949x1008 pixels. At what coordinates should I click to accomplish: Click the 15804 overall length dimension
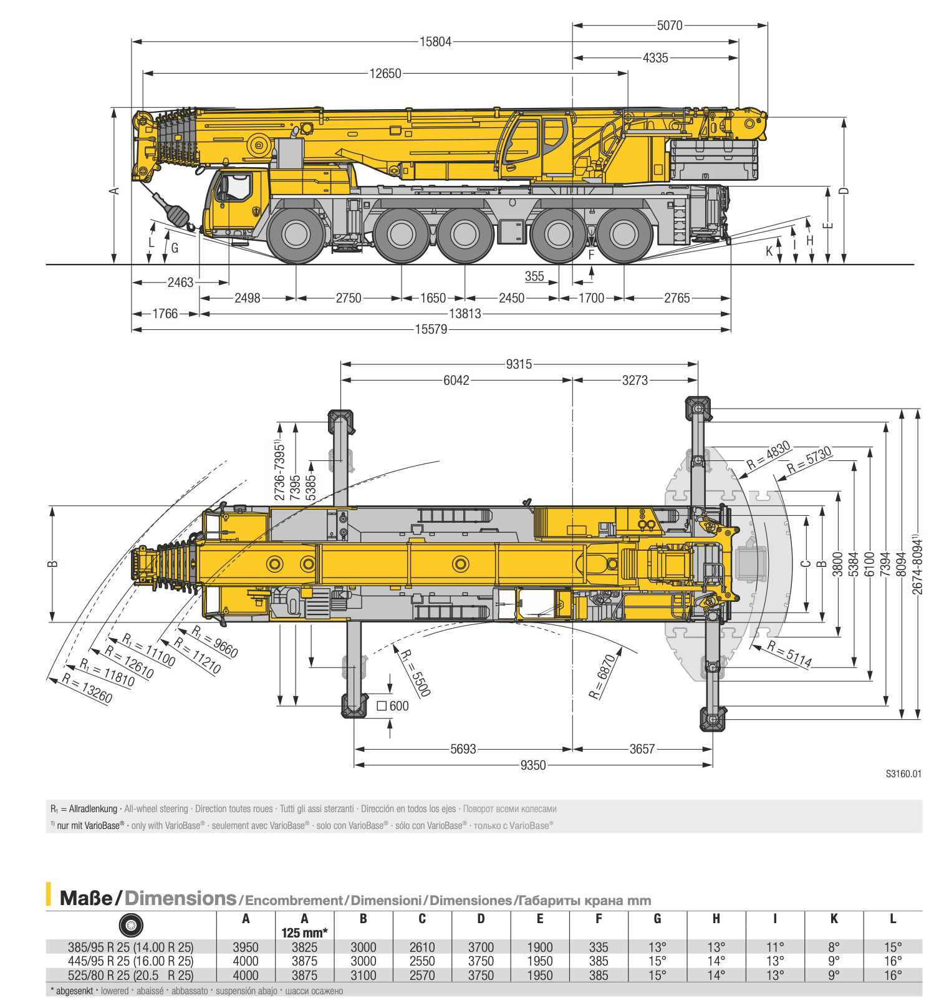coord(435,42)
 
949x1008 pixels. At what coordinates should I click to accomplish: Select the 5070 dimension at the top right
coord(670,26)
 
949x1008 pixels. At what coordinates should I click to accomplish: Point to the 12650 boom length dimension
coord(385,74)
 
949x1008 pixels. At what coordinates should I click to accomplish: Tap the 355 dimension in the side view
coord(534,276)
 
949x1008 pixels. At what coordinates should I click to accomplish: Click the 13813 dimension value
coord(465,314)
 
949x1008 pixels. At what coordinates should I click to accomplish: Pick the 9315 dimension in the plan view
coord(519,364)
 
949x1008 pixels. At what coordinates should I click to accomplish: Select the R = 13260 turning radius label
coord(87,688)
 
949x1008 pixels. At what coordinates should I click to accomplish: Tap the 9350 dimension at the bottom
coord(533,765)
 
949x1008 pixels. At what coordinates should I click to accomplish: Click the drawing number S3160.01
coord(903,774)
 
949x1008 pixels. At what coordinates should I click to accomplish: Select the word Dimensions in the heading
coord(180,899)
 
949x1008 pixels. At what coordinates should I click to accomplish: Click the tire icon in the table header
coord(131,925)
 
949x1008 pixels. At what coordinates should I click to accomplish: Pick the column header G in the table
coord(657,919)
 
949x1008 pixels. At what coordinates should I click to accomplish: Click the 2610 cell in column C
coord(422,947)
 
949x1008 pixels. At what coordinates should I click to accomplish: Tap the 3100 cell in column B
coord(364,976)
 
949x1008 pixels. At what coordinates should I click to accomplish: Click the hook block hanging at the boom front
coord(175,213)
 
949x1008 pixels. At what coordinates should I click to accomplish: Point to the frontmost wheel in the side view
coord(296,235)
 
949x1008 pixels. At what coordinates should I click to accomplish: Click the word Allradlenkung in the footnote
coord(93,809)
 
